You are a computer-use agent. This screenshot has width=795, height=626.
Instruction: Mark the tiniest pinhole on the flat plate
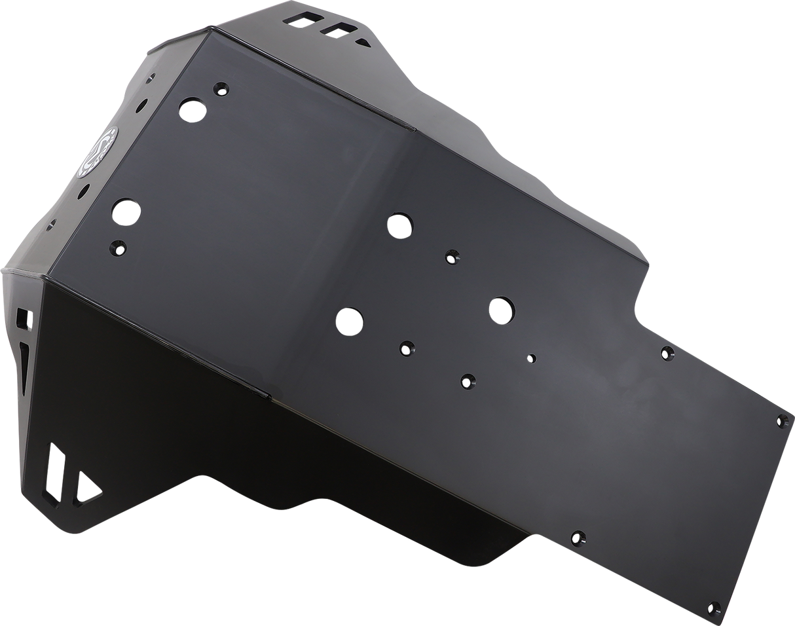tap(532, 358)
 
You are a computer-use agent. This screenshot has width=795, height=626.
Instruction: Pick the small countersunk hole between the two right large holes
tap(451, 257)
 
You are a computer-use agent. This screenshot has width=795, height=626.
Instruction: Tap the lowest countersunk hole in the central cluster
tap(468, 380)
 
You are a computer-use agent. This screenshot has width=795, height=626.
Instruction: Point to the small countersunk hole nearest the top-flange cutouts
tap(221, 89)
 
